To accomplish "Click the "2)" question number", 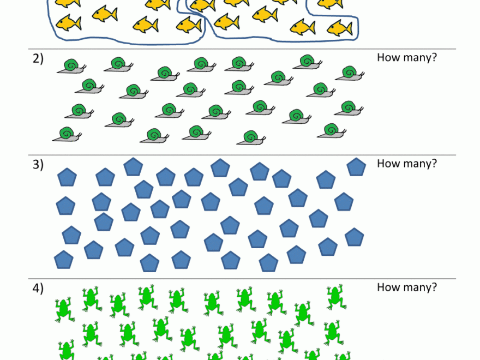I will [38, 59].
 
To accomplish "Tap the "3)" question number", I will [38, 164].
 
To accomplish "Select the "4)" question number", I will [38, 287].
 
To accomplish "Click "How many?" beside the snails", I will [407, 57].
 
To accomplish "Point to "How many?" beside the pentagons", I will [407, 163].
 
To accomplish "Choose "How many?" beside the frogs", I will [407, 287].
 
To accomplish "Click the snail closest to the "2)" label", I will [71, 67].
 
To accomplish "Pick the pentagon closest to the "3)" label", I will [67, 177].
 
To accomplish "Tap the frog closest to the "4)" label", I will [63, 309].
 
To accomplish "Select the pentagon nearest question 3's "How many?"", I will [356, 167].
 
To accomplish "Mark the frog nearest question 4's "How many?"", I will [335, 296].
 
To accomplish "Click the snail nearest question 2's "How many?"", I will [348, 74].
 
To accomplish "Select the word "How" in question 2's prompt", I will [386, 57].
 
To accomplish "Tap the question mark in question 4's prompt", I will [434, 287].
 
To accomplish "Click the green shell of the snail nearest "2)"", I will [70, 65].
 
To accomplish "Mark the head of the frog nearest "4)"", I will [63, 302].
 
